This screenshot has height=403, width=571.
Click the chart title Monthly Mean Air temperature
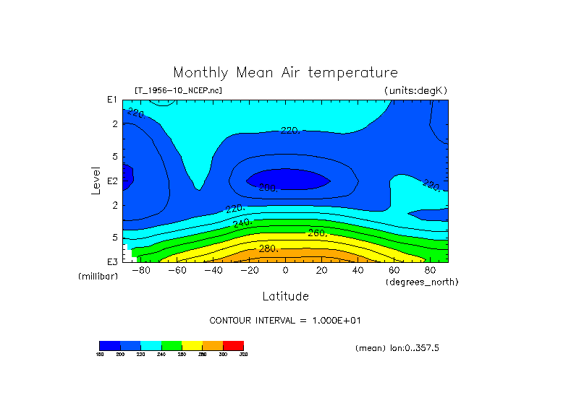point(285,73)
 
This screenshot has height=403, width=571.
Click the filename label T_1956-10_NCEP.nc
point(178,90)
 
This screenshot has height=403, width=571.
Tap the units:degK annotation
point(415,90)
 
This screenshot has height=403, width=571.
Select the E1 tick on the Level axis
point(112,100)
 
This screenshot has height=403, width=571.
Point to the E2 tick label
point(112,181)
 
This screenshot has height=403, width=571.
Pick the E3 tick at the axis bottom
point(112,261)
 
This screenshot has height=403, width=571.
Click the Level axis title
point(96,181)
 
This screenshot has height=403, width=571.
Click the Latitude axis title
point(285,296)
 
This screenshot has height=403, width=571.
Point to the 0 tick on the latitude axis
point(285,270)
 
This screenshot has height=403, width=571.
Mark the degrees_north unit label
point(422,281)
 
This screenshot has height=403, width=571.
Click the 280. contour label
point(269,248)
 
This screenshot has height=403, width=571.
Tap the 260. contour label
point(318,233)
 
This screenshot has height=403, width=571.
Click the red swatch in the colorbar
point(233,345)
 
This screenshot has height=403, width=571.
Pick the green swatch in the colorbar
point(172,345)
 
